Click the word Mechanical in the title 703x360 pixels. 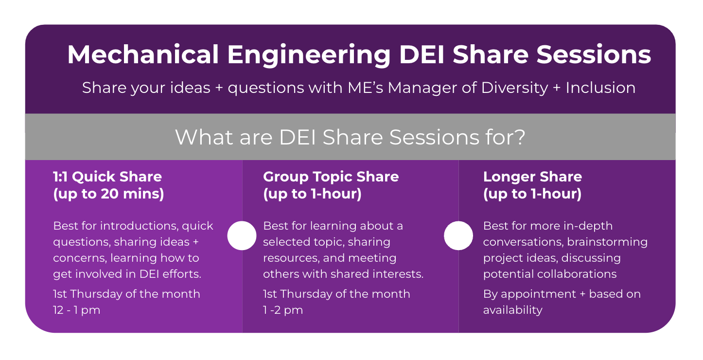pos(143,55)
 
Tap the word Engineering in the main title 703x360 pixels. pos(309,55)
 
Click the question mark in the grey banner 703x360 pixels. pos(520,137)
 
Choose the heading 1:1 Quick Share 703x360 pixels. pos(107,177)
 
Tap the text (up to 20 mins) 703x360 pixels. pos(108,194)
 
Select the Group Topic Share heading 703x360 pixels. pos(331,177)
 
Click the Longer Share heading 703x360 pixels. pos(532,177)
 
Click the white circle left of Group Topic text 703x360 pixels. pos(242,236)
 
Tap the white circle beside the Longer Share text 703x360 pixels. pos(458,236)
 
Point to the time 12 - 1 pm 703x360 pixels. pos(76,310)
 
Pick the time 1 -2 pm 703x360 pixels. pos(282,310)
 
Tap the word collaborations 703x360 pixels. pos(577,274)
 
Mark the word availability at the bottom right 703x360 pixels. pos(512,310)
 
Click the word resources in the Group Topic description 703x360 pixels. pos(289,258)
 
